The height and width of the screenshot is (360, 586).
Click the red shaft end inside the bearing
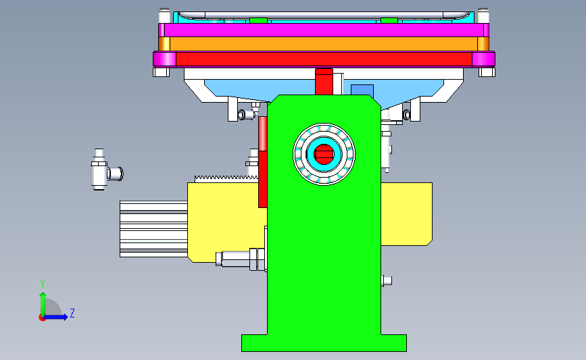point(324,154)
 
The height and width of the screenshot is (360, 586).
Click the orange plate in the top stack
point(324,44)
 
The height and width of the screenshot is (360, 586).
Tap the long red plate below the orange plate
point(324,59)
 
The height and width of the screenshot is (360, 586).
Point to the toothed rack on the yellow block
point(226,179)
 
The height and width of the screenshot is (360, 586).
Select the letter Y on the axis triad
point(43,284)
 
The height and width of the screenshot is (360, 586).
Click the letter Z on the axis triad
point(72,313)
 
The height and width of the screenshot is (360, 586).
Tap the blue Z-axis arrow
point(55,317)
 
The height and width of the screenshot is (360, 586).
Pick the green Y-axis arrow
point(43,305)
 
